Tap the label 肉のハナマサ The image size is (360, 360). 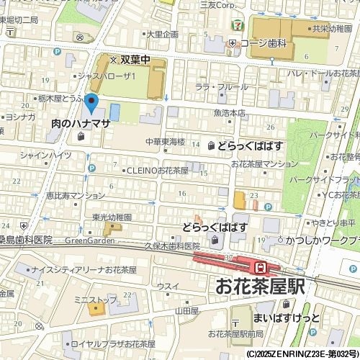pyautogui.click(x=81, y=124)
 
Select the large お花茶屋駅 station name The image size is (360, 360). pyautogui.click(x=260, y=286)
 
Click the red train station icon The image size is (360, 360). pyautogui.click(x=263, y=266)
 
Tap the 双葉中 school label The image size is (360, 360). pyautogui.click(x=134, y=60)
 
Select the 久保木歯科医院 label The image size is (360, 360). pyautogui.click(x=172, y=246)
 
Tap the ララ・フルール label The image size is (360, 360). pyautogui.click(x=216, y=87)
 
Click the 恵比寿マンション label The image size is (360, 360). pyautogui.click(x=75, y=195)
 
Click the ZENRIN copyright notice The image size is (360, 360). pyautogui.click(x=302, y=354)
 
